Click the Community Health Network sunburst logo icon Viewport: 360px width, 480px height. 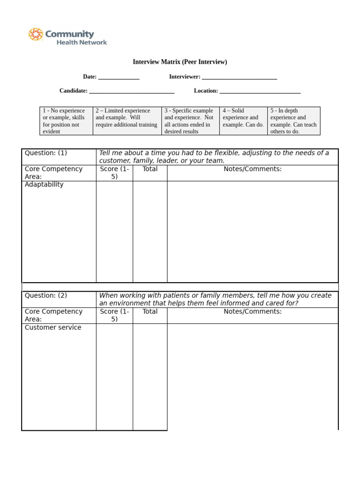[36, 35]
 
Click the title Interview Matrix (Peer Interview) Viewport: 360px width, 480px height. [180, 62]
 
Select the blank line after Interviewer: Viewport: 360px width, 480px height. [240, 77]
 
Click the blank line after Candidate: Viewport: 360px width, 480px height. [132, 91]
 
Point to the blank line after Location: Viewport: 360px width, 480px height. [260, 91]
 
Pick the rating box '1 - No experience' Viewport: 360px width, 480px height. [66, 121]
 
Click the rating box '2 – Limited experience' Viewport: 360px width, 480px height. [127, 121]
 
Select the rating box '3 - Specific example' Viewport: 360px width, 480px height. [190, 121]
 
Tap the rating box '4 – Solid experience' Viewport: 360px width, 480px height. [243, 121]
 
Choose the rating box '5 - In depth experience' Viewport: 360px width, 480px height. [293, 121]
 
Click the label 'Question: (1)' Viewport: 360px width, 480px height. [46, 153]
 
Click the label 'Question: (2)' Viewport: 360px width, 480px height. [46, 295]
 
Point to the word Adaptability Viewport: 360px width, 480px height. [44, 185]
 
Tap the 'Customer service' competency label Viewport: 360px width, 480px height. [53, 327]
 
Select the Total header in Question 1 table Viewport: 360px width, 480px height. [150, 169]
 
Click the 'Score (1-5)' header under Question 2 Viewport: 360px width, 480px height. [114, 315]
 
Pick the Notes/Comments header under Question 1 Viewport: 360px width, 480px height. [253, 169]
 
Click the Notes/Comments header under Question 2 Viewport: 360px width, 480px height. [253, 311]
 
